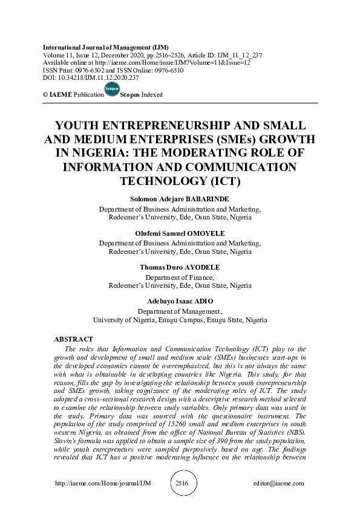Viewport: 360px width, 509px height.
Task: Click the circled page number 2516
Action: pos(181,484)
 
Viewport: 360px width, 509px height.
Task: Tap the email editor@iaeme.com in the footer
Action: pos(280,484)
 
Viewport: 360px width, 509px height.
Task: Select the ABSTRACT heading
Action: pos(73,340)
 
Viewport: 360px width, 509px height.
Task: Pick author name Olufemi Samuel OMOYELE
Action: pos(180,232)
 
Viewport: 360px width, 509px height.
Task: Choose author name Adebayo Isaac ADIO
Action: pos(180,301)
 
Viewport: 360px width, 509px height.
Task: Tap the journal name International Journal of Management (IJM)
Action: pos(105,47)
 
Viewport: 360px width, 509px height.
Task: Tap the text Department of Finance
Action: pos(180,277)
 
